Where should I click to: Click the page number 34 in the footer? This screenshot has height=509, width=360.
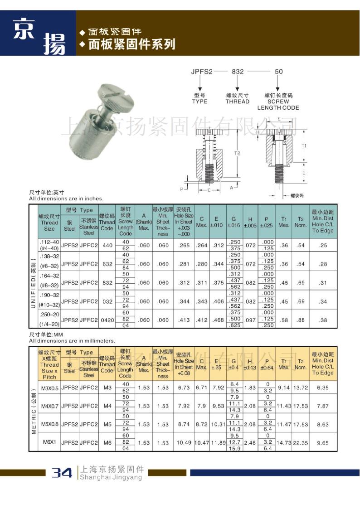[x=62, y=473]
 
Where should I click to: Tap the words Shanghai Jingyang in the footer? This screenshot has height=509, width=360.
[x=111, y=477]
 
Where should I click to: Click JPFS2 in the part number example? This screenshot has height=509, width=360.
[x=202, y=71]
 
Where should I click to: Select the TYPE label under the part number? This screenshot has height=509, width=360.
[x=199, y=102]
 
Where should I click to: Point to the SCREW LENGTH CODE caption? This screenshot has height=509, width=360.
[x=278, y=105]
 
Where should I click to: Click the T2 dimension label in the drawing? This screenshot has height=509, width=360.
[x=237, y=154]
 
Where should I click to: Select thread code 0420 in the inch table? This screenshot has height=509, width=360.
[x=107, y=320]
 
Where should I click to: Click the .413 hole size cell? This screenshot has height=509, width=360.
[x=184, y=320]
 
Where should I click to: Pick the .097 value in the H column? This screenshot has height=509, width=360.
[x=250, y=320]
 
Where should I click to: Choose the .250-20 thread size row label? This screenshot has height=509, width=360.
[x=49, y=316]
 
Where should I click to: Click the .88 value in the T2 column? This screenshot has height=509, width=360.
[x=300, y=320]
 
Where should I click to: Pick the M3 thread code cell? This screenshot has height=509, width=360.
[x=107, y=388]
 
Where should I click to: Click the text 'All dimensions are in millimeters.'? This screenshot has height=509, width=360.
[x=72, y=340]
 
